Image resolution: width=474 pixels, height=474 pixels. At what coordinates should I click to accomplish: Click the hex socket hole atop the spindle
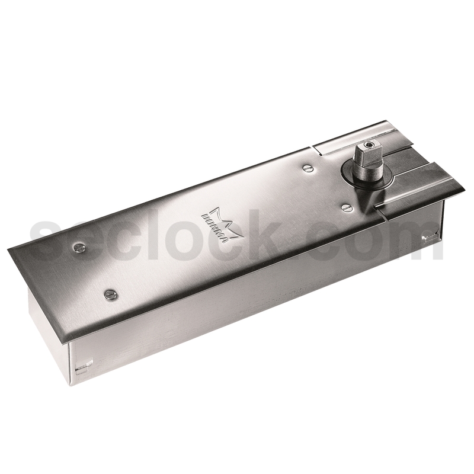coord(370,145)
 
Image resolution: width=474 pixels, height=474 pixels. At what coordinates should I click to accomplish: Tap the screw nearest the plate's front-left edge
coord(110,294)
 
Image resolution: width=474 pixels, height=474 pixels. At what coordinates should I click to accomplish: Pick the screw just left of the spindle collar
coord(307,168)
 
